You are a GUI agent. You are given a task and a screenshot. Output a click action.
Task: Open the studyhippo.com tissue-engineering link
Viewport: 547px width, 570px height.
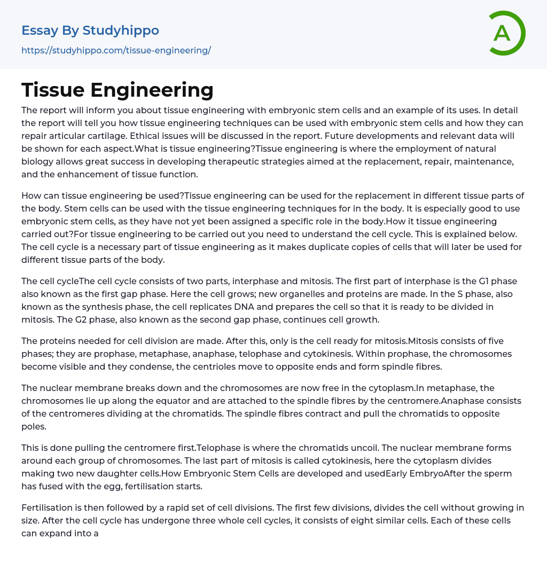click(x=116, y=50)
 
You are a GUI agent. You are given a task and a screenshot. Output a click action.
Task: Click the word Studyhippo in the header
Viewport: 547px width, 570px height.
click(x=121, y=30)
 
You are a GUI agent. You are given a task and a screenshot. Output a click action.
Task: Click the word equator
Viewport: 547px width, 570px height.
click(x=181, y=401)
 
